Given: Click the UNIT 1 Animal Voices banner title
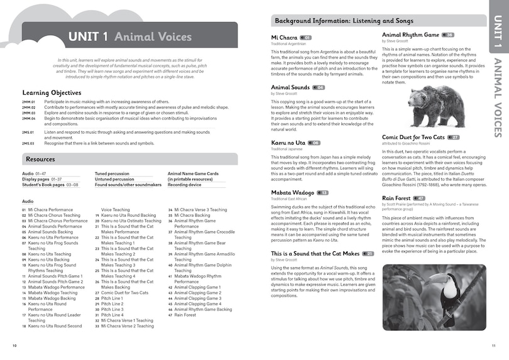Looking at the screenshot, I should click(x=130, y=37).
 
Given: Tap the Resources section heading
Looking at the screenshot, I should click(x=41, y=160).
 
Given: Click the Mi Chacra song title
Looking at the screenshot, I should click(x=284, y=38).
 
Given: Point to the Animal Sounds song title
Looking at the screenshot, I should click(x=290, y=87).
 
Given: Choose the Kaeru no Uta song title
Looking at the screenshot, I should click(x=288, y=143).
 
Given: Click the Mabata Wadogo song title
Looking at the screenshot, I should click(x=292, y=192).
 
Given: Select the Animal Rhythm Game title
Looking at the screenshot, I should click(x=410, y=35).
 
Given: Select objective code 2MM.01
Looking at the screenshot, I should click(x=28, y=101).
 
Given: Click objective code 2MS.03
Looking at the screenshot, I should click(x=28, y=143).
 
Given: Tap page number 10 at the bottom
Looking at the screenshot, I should click(x=14, y=346).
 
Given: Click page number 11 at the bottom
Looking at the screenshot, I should click(x=493, y=346).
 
